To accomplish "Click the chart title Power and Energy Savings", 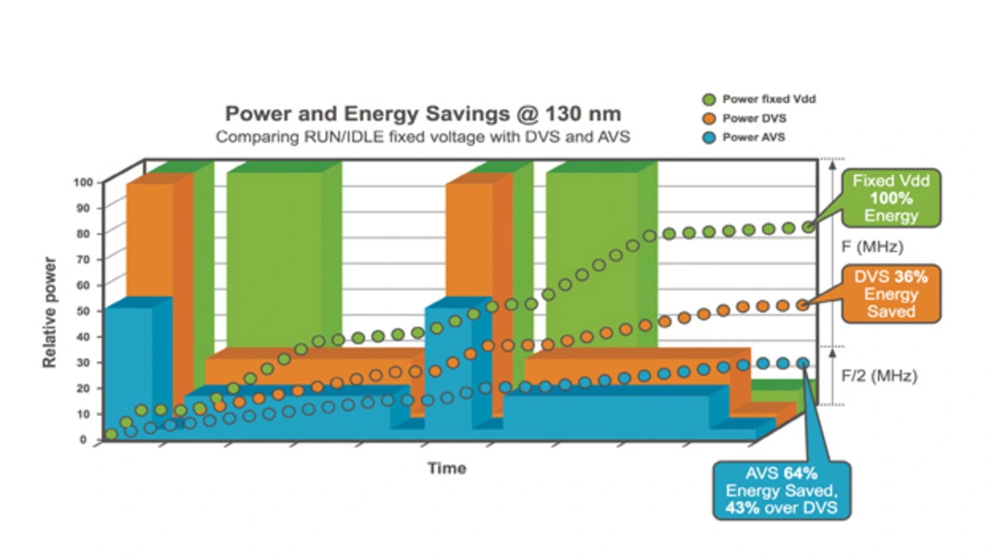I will pos(423,114).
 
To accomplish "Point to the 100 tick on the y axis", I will pos(83,181).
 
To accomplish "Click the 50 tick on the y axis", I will pos(86,311).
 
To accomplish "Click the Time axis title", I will pos(447,468).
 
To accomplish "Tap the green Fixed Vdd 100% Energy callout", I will pos(886,198).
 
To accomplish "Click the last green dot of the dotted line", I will pos(809,227).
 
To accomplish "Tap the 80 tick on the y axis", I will pos(86,233).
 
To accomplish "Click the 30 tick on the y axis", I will pos(86,362).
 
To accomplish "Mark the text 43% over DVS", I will pos(781,508).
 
